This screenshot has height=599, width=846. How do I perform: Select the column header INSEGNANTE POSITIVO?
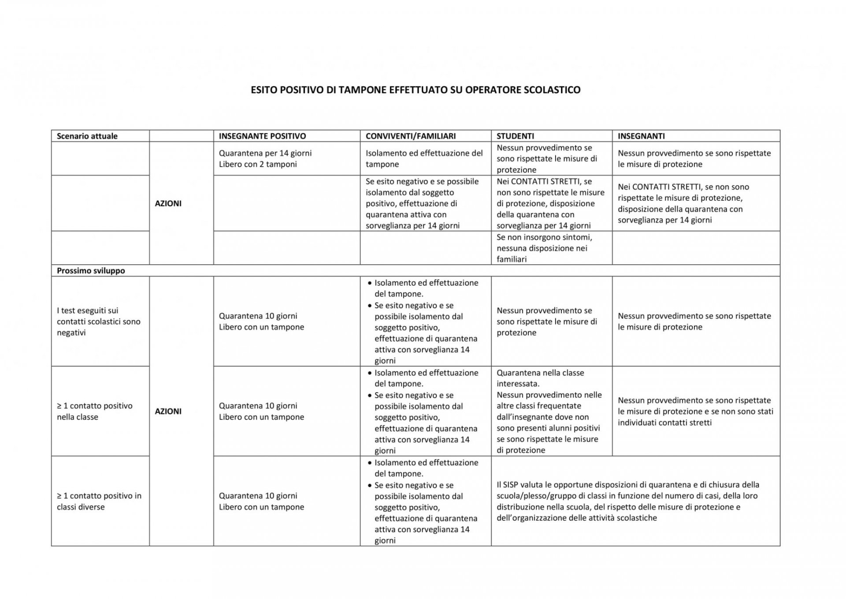(262, 136)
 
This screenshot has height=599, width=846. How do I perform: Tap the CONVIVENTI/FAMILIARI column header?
(410, 136)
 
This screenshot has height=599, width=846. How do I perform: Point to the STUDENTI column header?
(515, 136)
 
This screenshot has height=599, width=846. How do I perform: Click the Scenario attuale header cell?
(87, 136)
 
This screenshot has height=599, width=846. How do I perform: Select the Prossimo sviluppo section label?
(91, 271)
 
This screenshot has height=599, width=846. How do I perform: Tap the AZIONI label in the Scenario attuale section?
(168, 203)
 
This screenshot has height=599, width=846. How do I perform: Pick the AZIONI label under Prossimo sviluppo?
(168, 411)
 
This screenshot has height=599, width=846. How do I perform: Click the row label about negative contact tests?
(98, 322)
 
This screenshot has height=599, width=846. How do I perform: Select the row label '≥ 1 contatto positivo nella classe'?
(94, 411)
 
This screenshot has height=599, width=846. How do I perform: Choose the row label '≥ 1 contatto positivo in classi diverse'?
(99, 501)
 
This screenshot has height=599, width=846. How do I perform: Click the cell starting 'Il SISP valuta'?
(627, 501)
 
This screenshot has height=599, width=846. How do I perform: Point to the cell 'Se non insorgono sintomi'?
(544, 248)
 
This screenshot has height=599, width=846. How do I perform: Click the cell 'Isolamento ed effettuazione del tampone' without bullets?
(424, 158)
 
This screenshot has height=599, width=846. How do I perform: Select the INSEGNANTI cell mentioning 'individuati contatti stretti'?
(695, 411)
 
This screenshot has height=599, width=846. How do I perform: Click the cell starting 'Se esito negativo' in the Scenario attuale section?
(422, 203)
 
